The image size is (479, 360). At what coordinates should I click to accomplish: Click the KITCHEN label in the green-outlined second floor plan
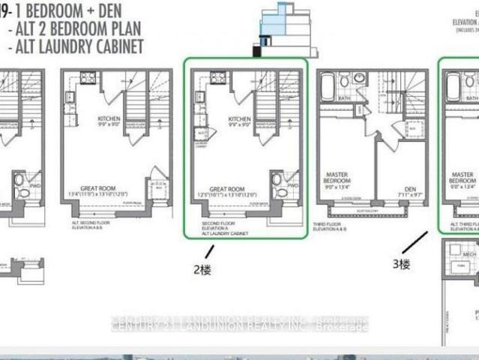239,120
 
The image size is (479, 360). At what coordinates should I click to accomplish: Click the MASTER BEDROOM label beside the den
337,181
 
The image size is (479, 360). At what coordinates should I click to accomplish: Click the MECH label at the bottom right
469,254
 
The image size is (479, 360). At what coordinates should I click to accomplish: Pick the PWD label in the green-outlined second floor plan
292,184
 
